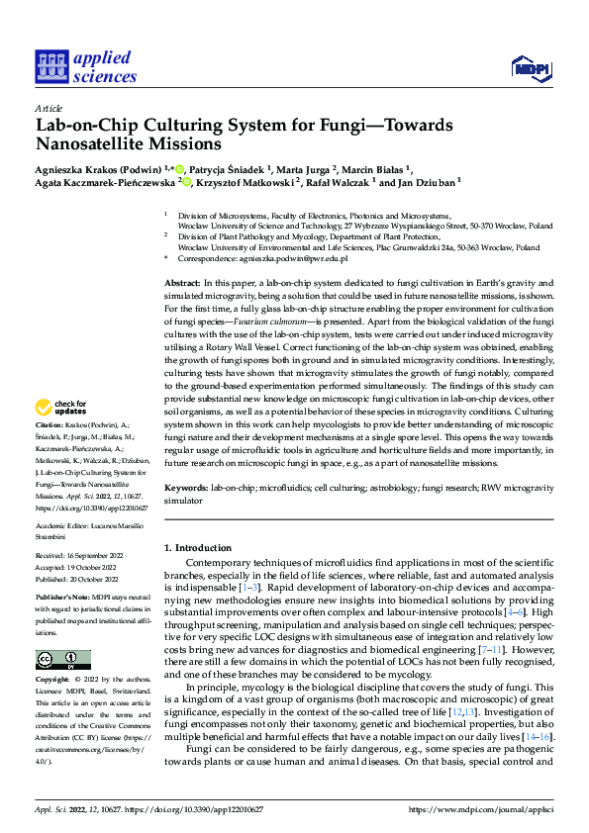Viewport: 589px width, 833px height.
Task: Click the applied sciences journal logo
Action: pyautogui.click(x=87, y=66)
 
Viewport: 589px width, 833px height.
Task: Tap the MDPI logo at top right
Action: pyautogui.click(x=531, y=67)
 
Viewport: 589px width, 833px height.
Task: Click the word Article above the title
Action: pyautogui.click(x=48, y=108)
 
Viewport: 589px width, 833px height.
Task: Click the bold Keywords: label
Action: pyautogui.click(x=186, y=488)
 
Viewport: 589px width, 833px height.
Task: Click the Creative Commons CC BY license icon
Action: pyautogui.click(x=62, y=660)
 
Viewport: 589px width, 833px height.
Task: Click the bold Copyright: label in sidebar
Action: pyautogui.click(x=54, y=681)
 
